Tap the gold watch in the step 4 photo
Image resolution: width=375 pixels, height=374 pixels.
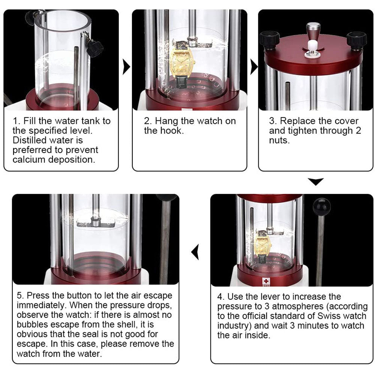(262, 246)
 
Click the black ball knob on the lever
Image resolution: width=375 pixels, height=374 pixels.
(322, 207)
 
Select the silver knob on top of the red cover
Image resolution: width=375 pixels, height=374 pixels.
(313, 32)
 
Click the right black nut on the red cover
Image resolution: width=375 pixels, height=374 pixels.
(357, 41)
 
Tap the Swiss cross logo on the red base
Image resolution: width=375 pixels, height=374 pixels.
(266, 281)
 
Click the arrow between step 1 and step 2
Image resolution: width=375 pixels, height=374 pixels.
(126, 67)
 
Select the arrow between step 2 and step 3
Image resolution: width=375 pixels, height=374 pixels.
(254, 67)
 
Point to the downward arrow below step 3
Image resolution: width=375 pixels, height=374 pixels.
(316, 182)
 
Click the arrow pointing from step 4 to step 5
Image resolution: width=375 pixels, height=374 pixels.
(195, 252)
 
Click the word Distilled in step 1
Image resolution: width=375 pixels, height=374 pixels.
(30, 140)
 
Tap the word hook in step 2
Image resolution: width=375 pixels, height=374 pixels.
(172, 131)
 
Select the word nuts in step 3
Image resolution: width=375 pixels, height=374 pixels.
(279, 140)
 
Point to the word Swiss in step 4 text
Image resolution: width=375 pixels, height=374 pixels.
(330, 316)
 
